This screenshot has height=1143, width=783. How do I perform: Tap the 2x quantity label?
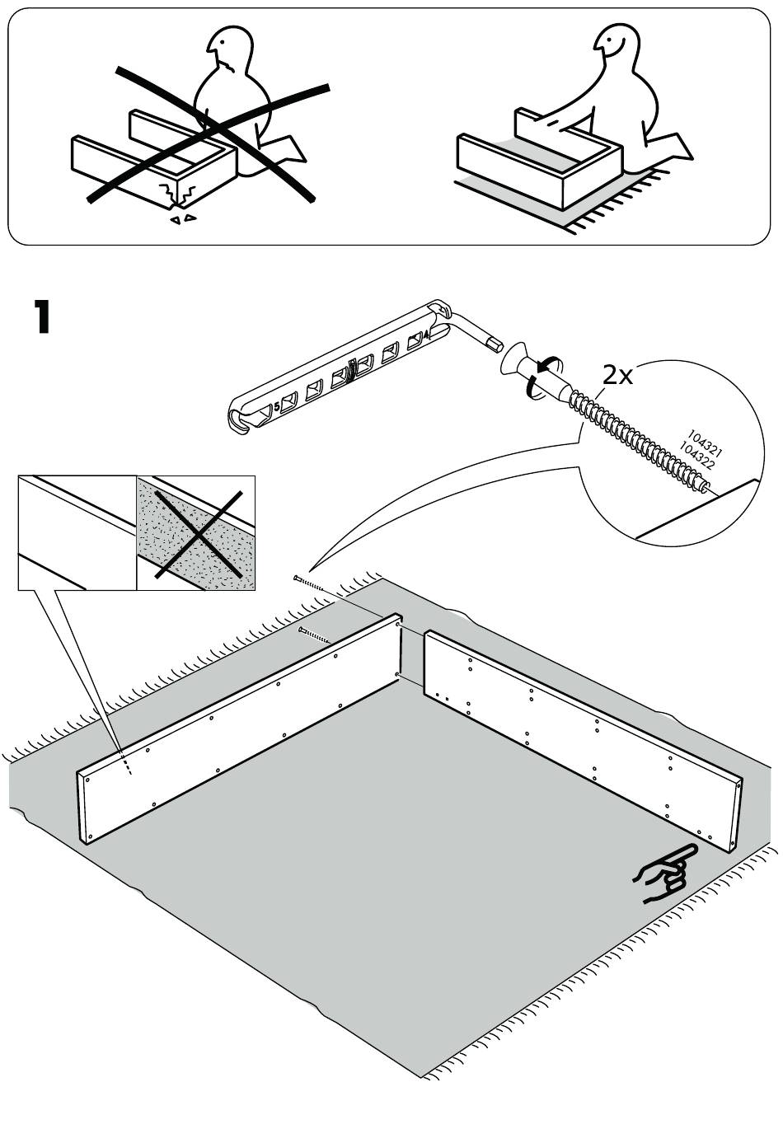pos(617,376)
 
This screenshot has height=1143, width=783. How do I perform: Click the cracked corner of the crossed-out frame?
pos(181,194)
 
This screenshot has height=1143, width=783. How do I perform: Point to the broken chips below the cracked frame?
pos(183,219)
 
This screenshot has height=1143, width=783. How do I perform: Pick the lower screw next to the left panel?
pos(313,635)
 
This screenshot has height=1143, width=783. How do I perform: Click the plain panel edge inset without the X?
pos(77,533)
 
